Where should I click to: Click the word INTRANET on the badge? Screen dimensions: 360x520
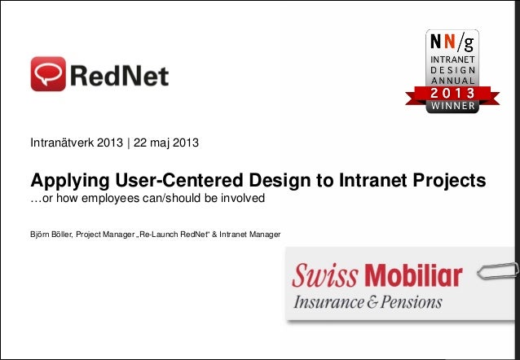pyautogui.click(x=454, y=60)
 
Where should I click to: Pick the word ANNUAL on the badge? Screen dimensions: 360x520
pyautogui.click(x=454, y=82)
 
